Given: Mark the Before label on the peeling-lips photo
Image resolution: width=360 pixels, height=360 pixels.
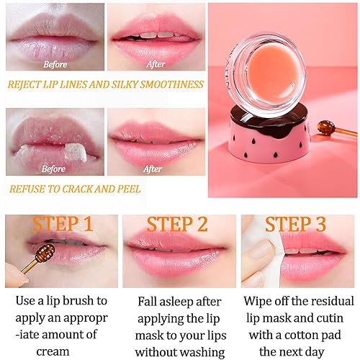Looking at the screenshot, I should [x=53, y=170].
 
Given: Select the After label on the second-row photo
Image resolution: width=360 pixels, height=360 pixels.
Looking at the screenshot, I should [x=152, y=170].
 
